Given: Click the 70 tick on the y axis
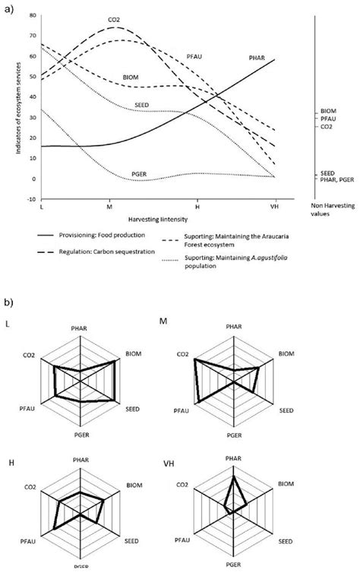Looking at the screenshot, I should (31, 36).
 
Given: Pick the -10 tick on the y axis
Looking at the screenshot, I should (30, 199).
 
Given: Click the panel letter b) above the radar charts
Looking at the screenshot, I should (9, 302).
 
